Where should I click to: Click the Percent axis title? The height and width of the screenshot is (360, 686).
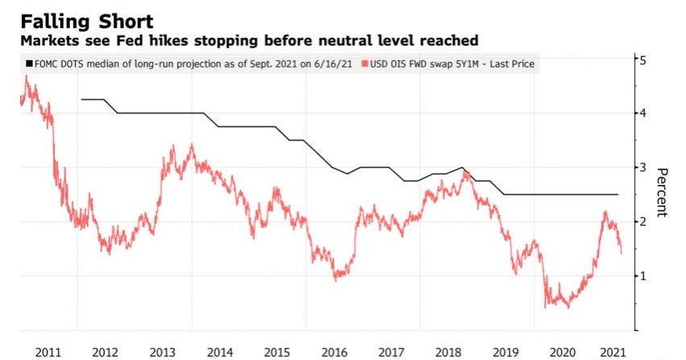(x=663, y=192)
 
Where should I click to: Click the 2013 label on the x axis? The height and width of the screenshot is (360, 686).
(x=163, y=351)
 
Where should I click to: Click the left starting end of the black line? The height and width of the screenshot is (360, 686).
(x=81, y=99)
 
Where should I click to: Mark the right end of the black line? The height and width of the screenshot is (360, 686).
(x=618, y=194)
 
